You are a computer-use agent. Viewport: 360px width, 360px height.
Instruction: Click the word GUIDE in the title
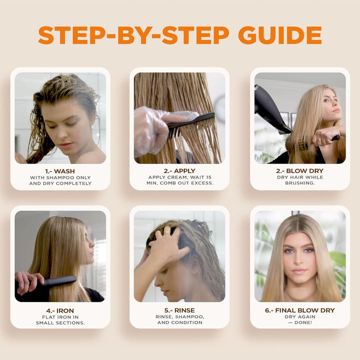(x=279, y=35)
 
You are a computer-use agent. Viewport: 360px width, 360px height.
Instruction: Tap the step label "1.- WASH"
(x=60, y=171)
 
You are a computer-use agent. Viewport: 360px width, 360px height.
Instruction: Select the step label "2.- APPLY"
(x=179, y=171)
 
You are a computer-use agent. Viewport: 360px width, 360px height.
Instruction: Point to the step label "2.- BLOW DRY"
(x=299, y=171)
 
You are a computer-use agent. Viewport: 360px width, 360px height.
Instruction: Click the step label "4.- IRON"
(x=60, y=310)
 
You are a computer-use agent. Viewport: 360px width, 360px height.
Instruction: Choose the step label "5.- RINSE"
(x=179, y=310)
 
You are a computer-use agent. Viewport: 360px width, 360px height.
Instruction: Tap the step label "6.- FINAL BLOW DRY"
(x=299, y=310)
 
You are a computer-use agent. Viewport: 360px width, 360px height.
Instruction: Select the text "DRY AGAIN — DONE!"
(x=299, y=320)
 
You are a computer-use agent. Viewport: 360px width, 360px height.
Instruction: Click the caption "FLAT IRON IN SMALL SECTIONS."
(x=60, y=320)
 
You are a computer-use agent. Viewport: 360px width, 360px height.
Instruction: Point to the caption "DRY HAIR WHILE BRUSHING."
(x=299, y=180)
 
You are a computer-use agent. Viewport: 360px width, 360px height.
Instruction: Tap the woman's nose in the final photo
(x=298, y=260)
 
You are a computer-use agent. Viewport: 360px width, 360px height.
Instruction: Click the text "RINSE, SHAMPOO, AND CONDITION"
(x=179, y=320)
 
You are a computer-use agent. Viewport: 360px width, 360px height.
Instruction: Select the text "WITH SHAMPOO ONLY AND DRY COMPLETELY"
(x=60, y=180)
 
